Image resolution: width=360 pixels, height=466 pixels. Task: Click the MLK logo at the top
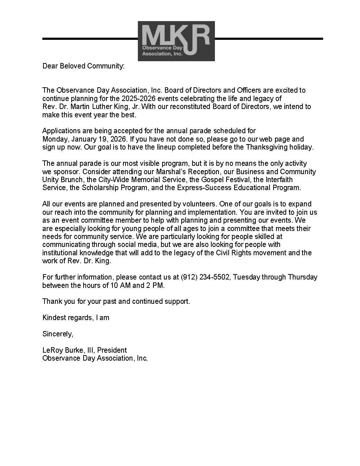point(176,41)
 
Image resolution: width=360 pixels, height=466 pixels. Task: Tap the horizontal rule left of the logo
point(90,38)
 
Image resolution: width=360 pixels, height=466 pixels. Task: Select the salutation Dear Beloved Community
point(83,66)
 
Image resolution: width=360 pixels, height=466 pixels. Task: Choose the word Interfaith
point(279,180)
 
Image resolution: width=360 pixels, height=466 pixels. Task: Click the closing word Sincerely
point(58,334)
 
